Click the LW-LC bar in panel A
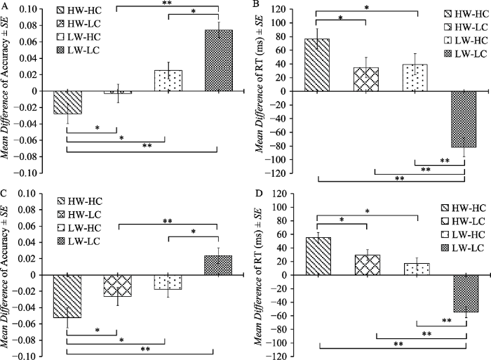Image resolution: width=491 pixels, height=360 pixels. [x=217, y=60]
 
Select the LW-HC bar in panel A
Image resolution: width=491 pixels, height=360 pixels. [x=168, y=81]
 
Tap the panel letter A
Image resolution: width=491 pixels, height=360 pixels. [x=5, y=6]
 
